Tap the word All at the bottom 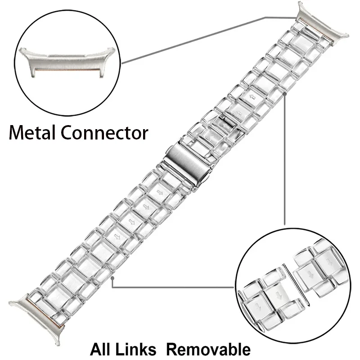coord(104,349)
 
